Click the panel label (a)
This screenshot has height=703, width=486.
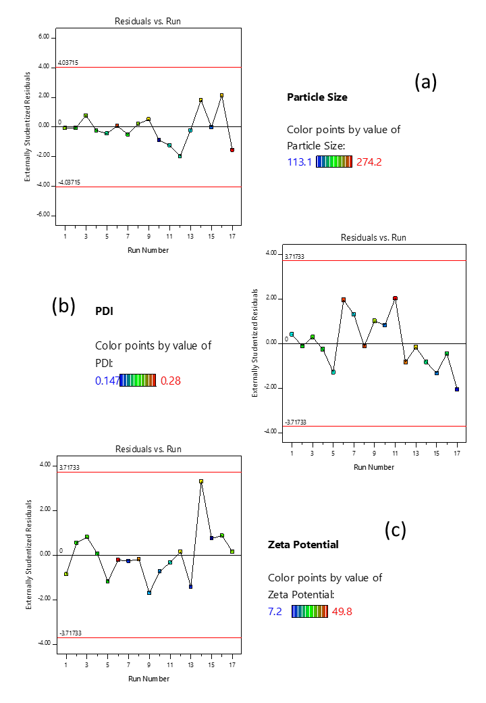tap(425, 82)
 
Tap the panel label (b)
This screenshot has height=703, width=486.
tap(63, 306)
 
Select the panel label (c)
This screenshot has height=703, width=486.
tap(396, 530)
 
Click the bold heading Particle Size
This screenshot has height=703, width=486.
tap(317, 97)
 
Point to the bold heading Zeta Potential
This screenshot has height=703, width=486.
tap(303, 544)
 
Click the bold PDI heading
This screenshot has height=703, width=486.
tap(104, 311)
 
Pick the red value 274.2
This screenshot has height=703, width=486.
tap(369, 162)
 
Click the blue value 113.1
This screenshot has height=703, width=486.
tap(300, 162)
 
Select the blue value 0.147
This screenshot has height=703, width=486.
tap(107, 381)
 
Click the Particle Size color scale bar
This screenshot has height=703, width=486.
tap(334, 162)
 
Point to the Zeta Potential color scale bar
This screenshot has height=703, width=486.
tap(310, 612)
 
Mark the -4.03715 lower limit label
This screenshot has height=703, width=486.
tap(70, 183)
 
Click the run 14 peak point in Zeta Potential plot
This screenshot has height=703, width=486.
tap(201, 481)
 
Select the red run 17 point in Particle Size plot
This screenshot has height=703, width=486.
tap(232, 150)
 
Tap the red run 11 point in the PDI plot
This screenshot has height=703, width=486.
tap(395, 298)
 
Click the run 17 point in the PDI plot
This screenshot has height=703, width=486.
tap(457, 389)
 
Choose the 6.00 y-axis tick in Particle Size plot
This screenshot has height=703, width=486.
tap(44, 37)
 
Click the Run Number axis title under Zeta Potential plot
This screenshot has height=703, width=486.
tap(148, 679)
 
